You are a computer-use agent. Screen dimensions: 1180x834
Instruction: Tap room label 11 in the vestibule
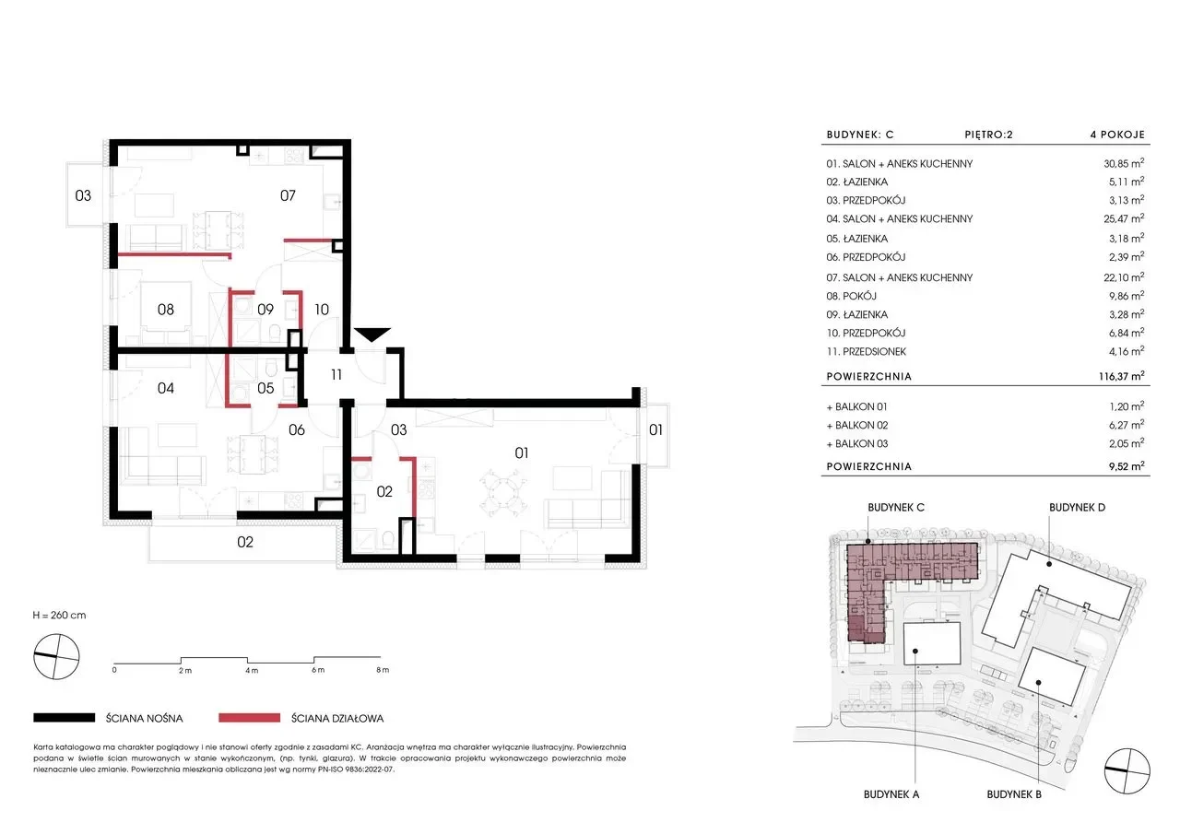coord(336,375)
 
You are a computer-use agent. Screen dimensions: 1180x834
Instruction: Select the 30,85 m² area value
coord(1124,163)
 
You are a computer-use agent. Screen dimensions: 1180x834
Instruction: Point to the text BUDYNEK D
coord(1078,508)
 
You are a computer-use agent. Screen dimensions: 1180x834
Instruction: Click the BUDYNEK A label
coord(891,794)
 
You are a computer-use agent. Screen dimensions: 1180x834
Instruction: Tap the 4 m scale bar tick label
coord(252,670)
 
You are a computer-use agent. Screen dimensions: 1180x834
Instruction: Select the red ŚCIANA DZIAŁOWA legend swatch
coord(249,718)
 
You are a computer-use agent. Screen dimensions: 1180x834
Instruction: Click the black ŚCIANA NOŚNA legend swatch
coord(65,718)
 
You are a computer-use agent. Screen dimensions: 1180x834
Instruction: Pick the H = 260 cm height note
coord(59,615)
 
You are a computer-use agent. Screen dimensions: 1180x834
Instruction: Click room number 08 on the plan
coord(165,310)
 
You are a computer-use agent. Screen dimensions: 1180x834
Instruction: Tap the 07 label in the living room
coord(288,196)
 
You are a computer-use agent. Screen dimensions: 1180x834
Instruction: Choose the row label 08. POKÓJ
coord(851,296)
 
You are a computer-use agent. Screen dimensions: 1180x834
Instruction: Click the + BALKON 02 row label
coord(857,425)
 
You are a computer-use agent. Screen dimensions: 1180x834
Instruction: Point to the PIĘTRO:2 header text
coord(989,135)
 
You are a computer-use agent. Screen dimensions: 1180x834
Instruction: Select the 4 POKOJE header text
coord(1117,135)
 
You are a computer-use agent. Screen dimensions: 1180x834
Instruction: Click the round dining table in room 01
coord(502,494)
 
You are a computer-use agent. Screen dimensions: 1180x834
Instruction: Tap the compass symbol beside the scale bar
coord(56,656)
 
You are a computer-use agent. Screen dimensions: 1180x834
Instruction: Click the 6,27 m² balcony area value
coord(1127,425)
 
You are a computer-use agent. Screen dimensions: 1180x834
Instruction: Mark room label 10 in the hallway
coord(322,310)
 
